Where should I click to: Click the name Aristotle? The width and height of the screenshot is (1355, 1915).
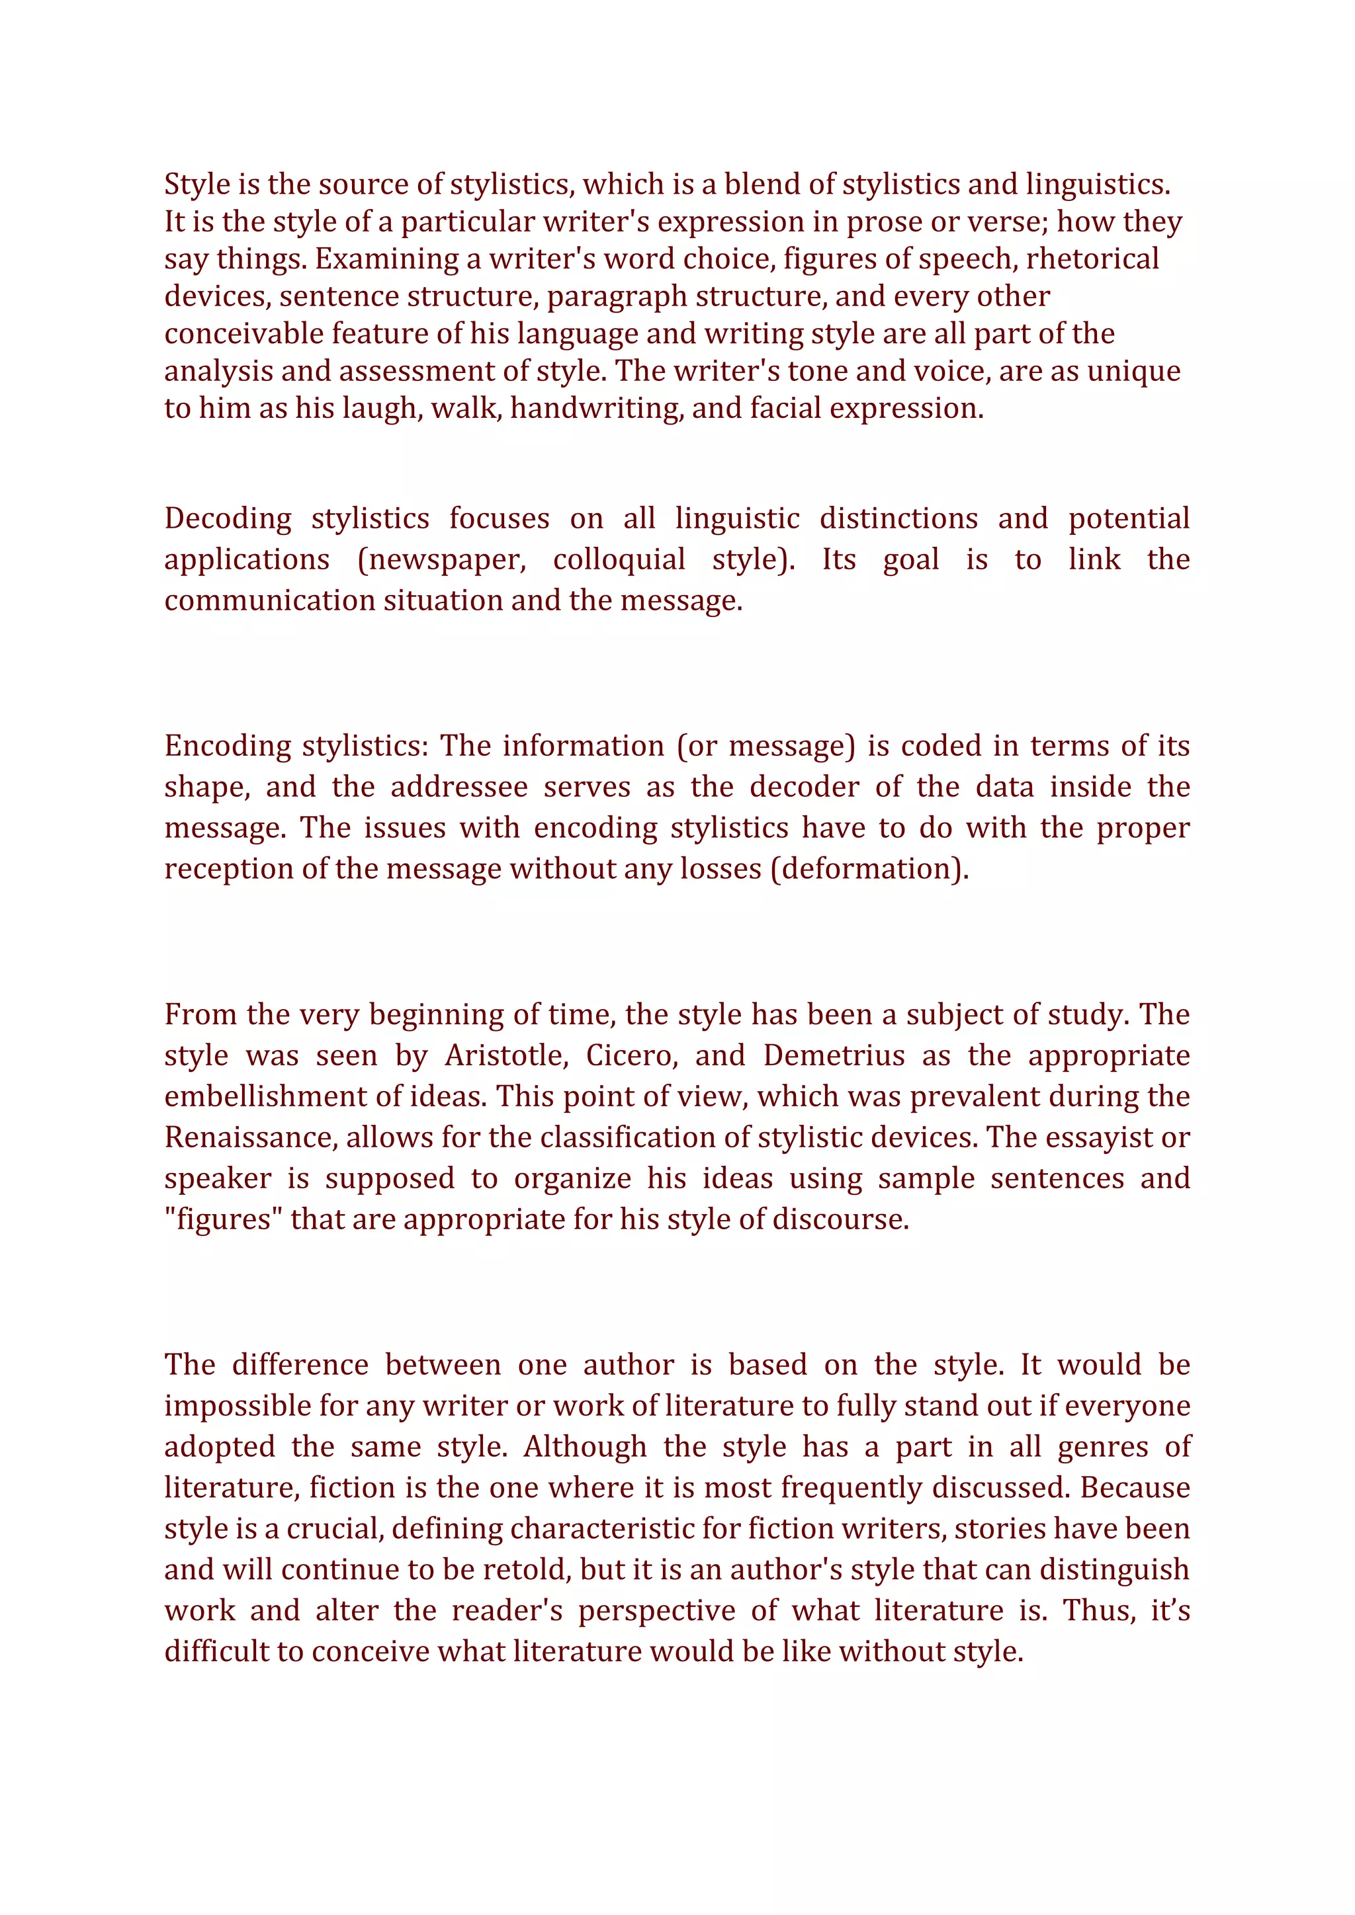click(505, 1056)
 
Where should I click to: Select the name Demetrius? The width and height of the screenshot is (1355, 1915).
click(834, 1056)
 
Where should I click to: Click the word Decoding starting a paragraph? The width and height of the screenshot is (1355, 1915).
click(228, 519)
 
